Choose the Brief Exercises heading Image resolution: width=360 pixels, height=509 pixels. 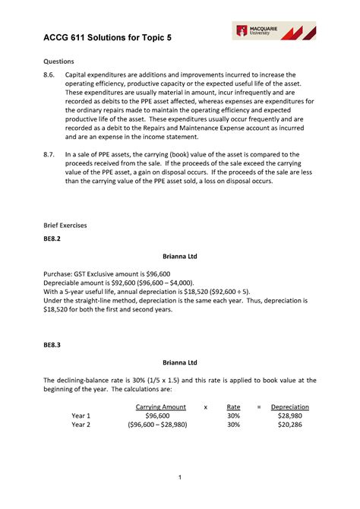tap(65, 225)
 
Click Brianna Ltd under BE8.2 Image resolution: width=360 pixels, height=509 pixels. tap(180, 257)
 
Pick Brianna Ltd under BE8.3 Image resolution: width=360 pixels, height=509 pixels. tap(180, 362)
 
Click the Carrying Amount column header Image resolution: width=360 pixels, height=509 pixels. tap(161, 407)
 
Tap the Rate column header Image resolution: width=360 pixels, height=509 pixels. tap(233, 407)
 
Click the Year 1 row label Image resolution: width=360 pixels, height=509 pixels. tap(81, 416)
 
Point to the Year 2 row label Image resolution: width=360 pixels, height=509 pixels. tap(81, 425)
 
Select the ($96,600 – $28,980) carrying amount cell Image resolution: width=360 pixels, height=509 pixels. tap(161, 425)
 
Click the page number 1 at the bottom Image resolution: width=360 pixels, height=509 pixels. tap(180, 477)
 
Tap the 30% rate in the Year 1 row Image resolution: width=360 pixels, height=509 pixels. tap(233, 416)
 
